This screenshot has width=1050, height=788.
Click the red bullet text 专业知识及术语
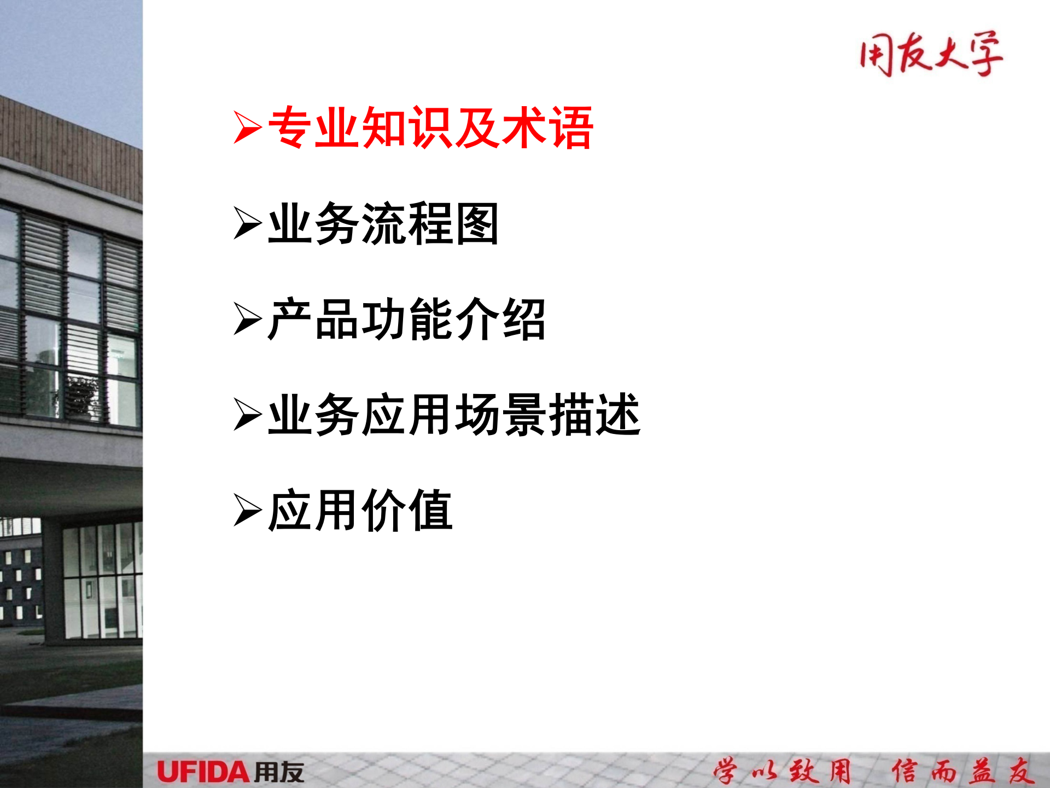pyautogui.click(x=430, y=128)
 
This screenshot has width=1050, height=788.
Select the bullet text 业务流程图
pyautogui.click(x=383, y=223)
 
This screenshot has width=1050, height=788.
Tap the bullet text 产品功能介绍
pyautogui.click(x=406, y=319)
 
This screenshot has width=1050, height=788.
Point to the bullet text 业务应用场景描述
pyautogui.click(x=454, y=415)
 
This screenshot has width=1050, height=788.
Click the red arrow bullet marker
pyautogui.click(x=247, y=128)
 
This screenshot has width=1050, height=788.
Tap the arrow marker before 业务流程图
pyautogui.click(x=247, y=223)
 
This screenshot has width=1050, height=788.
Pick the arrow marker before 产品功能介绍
pyautogui.click(x=247, y=319)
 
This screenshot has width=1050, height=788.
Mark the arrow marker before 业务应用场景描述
pyautogui.click(x=247, y=415)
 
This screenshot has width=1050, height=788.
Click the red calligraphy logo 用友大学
pyautogui.click(x=931, y=54)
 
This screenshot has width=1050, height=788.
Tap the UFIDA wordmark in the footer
pyautogui.click(x=203, y=772)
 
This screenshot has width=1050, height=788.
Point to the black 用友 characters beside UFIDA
pyautogui.click(x=279, y=772)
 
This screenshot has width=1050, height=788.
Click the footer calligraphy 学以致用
pyautogui.click(x=783, y=771)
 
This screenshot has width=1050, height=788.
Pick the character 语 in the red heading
pyautogui.click(x=571, y=128)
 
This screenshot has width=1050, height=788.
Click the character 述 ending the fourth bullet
pyautogui.click(x=618, y=415)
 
